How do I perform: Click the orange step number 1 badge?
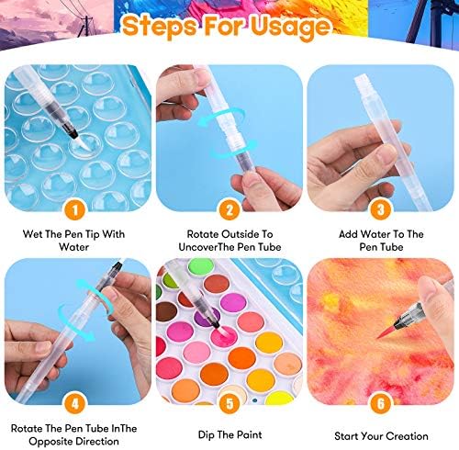pos(75,209)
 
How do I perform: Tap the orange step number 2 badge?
pos(229,209)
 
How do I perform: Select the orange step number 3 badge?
pos(381,209)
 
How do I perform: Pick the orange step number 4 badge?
pos(75,403)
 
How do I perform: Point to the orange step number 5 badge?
pos(229,403)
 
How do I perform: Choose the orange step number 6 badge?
pos(381,403)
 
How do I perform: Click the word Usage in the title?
pos(291,27)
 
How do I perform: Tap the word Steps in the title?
pos(160,26)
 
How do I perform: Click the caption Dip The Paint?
pos(229,434)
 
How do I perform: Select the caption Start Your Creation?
pos(381,436)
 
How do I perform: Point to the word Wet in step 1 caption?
pos(32,234)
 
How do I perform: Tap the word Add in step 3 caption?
pos(348,234)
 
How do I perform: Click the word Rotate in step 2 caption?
pos(203,234)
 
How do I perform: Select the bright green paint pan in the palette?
pos(201,266)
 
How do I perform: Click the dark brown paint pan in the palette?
pos(166,312)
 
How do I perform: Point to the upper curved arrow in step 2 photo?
pos(220,118)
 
